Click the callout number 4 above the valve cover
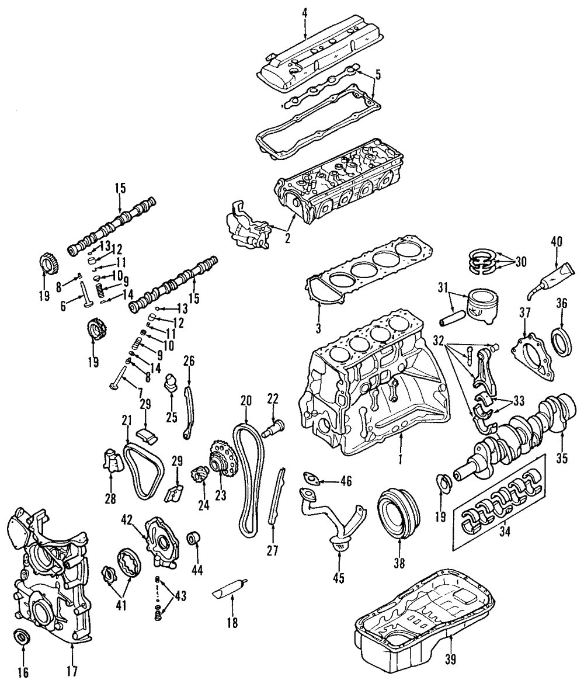pyautogui.click(x=305, y=12)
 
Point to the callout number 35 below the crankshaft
pyautogui.click(x=561, y=459)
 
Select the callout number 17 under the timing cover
pyautogui.click(x=72, y=672)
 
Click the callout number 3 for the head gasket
pyautogui.click(x=318, y=328)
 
